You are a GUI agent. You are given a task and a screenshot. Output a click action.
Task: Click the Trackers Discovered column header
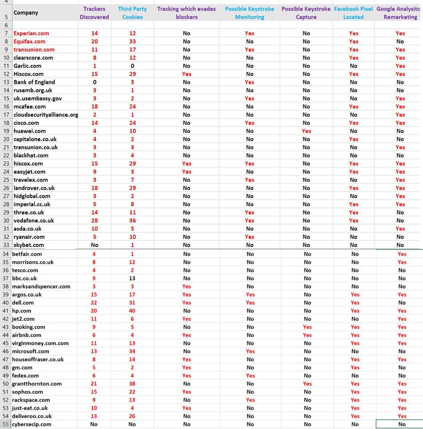click(94, 13)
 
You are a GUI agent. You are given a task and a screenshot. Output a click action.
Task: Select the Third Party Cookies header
click(133, 13)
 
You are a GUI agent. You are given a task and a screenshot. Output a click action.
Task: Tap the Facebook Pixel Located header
click(353, 13)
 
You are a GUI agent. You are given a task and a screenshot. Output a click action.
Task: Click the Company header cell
click(26, 13)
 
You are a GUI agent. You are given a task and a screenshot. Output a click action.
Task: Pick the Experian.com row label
click(31, 33)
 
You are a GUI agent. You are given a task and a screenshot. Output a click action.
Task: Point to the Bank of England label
click(34, 82)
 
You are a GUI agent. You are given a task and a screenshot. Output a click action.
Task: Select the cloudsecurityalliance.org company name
click(46, 115)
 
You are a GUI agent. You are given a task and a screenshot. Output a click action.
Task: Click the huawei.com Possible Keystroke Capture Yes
click(306, 131)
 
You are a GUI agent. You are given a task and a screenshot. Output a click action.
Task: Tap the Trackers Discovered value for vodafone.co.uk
click(94, 221)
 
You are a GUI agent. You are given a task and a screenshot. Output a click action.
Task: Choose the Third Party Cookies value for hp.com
click(132, 311)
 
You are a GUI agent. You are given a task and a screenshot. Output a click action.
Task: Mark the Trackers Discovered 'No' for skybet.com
click(94, 245)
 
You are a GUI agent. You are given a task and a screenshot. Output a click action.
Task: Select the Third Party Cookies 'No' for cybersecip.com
click(132, 424)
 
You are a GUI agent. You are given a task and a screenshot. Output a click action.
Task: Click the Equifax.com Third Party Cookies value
click(133, 41)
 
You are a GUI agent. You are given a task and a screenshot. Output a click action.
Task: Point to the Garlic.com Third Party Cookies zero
click(133, 66)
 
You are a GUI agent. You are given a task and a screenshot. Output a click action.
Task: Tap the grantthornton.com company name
click(37, 384)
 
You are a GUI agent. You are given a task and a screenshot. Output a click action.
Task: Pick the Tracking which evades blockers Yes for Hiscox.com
click(187, 74)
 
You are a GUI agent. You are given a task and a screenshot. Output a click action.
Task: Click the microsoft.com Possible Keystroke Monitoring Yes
click(250, 351)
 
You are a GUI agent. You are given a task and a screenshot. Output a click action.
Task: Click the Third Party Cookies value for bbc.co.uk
click(132, 278)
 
